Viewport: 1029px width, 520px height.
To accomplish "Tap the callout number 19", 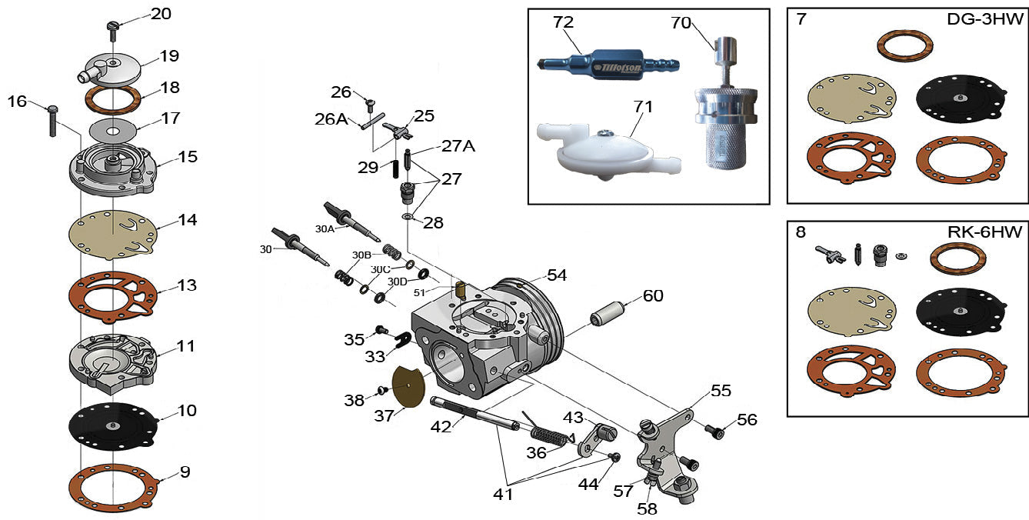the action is pos(169,55).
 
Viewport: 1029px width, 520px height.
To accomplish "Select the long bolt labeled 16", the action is pos(52,120).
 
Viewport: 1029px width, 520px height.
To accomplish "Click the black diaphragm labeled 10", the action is pos(113,426).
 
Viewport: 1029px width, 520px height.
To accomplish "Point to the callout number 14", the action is pos(188,219).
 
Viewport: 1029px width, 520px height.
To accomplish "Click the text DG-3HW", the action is pos(985,18).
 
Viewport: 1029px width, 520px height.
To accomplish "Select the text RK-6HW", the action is pos(985,232).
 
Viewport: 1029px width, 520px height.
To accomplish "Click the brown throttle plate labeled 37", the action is pos(408,386).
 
